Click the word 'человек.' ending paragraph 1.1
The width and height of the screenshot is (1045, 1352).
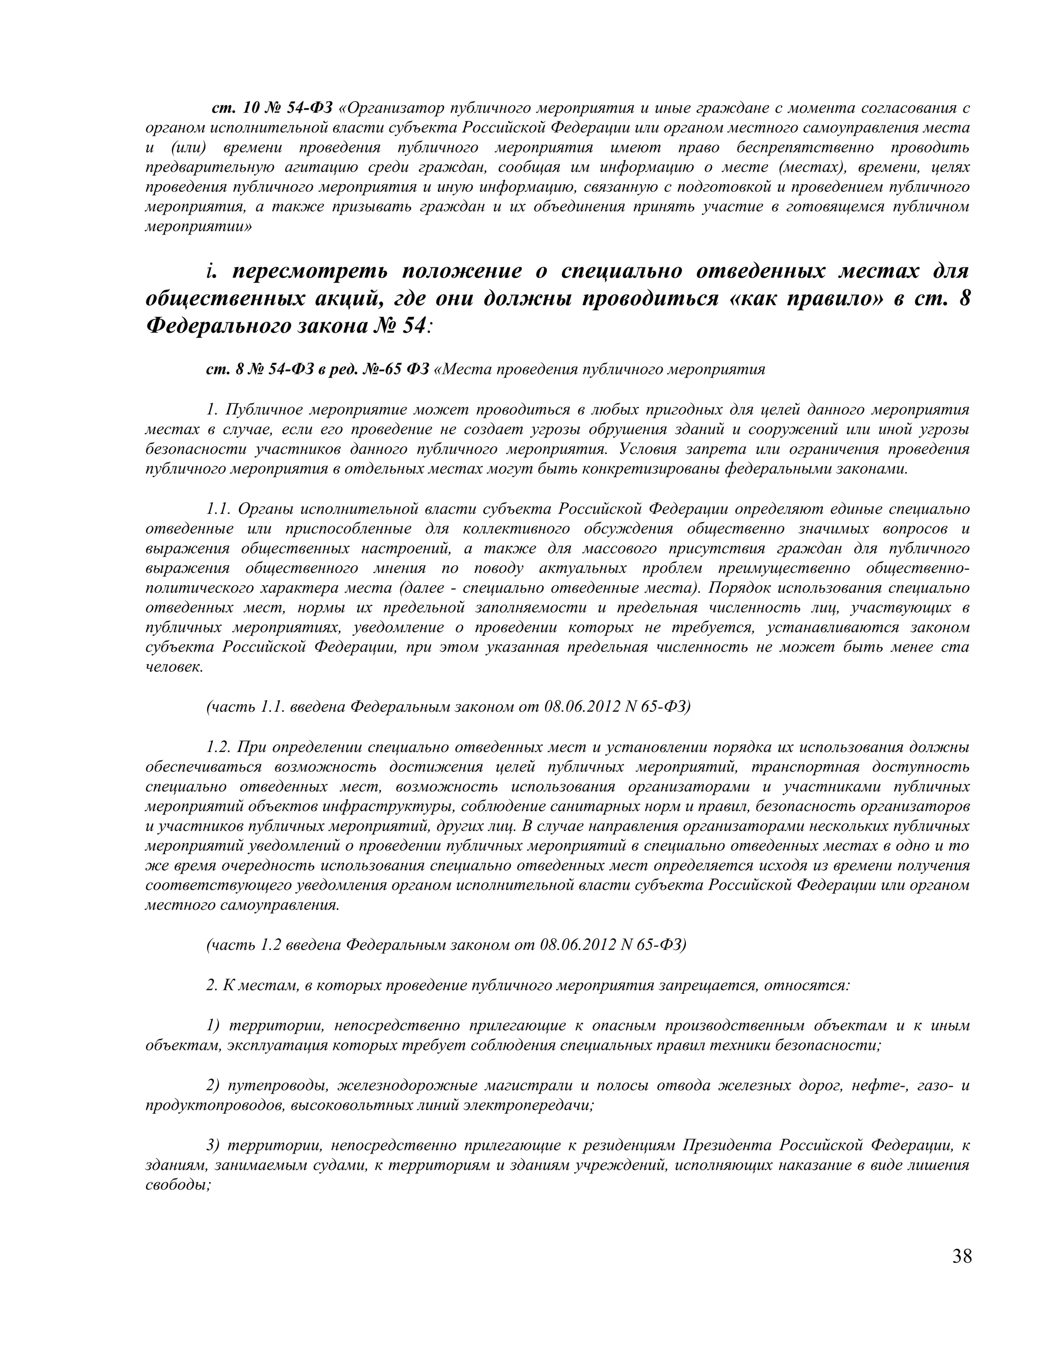pyautogui.click(x=174, y=667)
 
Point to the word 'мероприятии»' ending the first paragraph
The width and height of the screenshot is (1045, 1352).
pyautogui.click(x=198, y=227)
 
